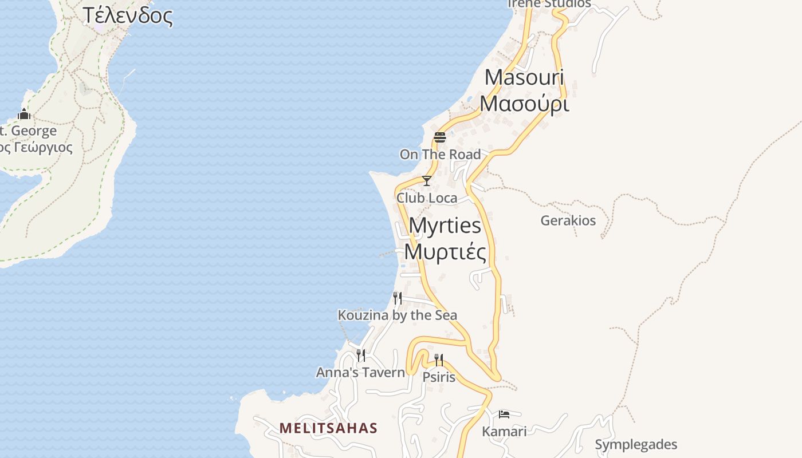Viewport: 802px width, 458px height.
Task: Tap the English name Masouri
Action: pyautogui.click(x=524, y=77)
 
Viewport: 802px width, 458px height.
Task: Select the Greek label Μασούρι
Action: pyautogui.click(x=524, y=104)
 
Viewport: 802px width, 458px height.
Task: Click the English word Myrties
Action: pyautogui.click(x=445, y=226)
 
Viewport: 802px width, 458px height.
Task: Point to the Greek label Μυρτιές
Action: pyautogui.click(x=445, y=252)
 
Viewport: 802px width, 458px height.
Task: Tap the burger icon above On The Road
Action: pyautogui.click(x=439, y=137)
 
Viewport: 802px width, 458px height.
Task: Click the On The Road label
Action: pyautogui.click(x=440, y=154)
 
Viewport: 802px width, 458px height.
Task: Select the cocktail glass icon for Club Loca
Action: pyautogui.click(x=426, y=181)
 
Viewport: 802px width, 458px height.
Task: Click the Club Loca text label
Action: pyautogui.click(x=427, y=198)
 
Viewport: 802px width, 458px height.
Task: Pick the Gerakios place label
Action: pyautogui.click(x=568, y=220)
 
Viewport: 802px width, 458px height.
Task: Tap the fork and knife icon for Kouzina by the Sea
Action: pyautogui.click(x=397, y=298)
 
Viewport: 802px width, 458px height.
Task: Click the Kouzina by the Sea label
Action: pyautogui.click(x=397, y=315)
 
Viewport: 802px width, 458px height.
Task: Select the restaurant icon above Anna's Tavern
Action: pyautogui.click(x=360, y=356)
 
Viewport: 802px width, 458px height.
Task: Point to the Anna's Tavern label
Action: pyautogui.click(x=360, y=373)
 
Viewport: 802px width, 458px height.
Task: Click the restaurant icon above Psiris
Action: pyautogui.click(x=439, y=360)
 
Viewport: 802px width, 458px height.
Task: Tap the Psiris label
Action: pyautogui.click(x=439, y=377)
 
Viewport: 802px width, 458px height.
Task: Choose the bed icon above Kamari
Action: pyautogui.click(x=504, y=414)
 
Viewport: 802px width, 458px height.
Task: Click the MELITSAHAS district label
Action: pyautogui.click(x=328, y=428)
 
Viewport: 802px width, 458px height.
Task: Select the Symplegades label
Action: pyautogui.click(x=636, y=444)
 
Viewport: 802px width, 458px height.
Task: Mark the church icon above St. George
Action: pyautogui.click(x=24, y=114)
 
